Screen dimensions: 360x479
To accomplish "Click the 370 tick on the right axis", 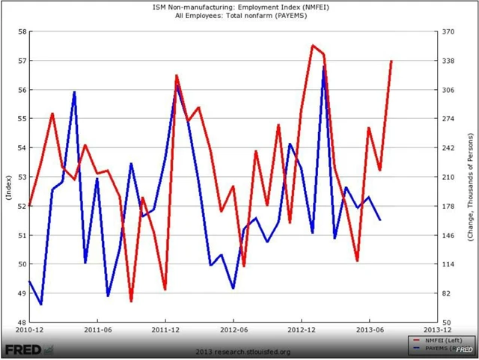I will pos(449,31).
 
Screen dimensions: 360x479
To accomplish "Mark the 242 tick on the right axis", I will pos(449,148).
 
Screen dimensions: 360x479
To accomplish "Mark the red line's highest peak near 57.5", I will pos(313,46).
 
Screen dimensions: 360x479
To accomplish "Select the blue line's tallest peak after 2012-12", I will pos(324,67).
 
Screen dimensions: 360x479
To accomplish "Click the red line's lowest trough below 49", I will pos(131,301).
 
